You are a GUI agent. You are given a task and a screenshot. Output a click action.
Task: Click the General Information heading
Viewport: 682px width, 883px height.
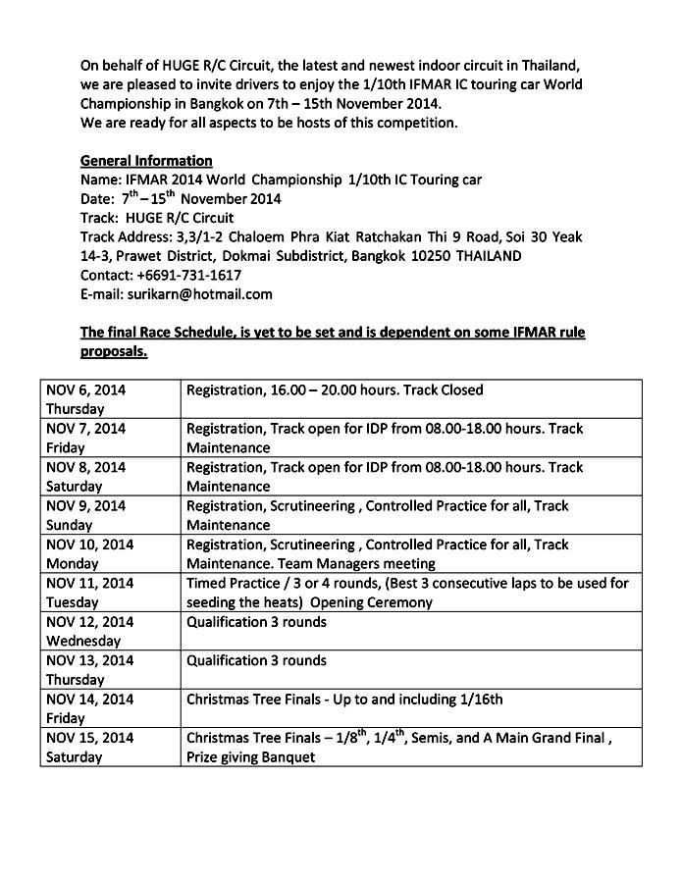(146, 161)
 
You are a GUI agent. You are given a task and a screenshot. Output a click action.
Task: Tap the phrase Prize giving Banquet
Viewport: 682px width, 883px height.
(251, 757)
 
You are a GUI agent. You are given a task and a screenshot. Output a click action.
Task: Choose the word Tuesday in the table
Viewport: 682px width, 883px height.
(75, 602)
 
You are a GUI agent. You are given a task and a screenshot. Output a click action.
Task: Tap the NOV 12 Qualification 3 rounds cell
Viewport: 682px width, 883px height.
(257, 622)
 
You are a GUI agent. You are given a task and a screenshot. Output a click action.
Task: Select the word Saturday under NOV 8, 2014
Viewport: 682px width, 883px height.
(75, 486)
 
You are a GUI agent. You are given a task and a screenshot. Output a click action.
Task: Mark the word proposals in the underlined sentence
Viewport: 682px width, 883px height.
(114, 351)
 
